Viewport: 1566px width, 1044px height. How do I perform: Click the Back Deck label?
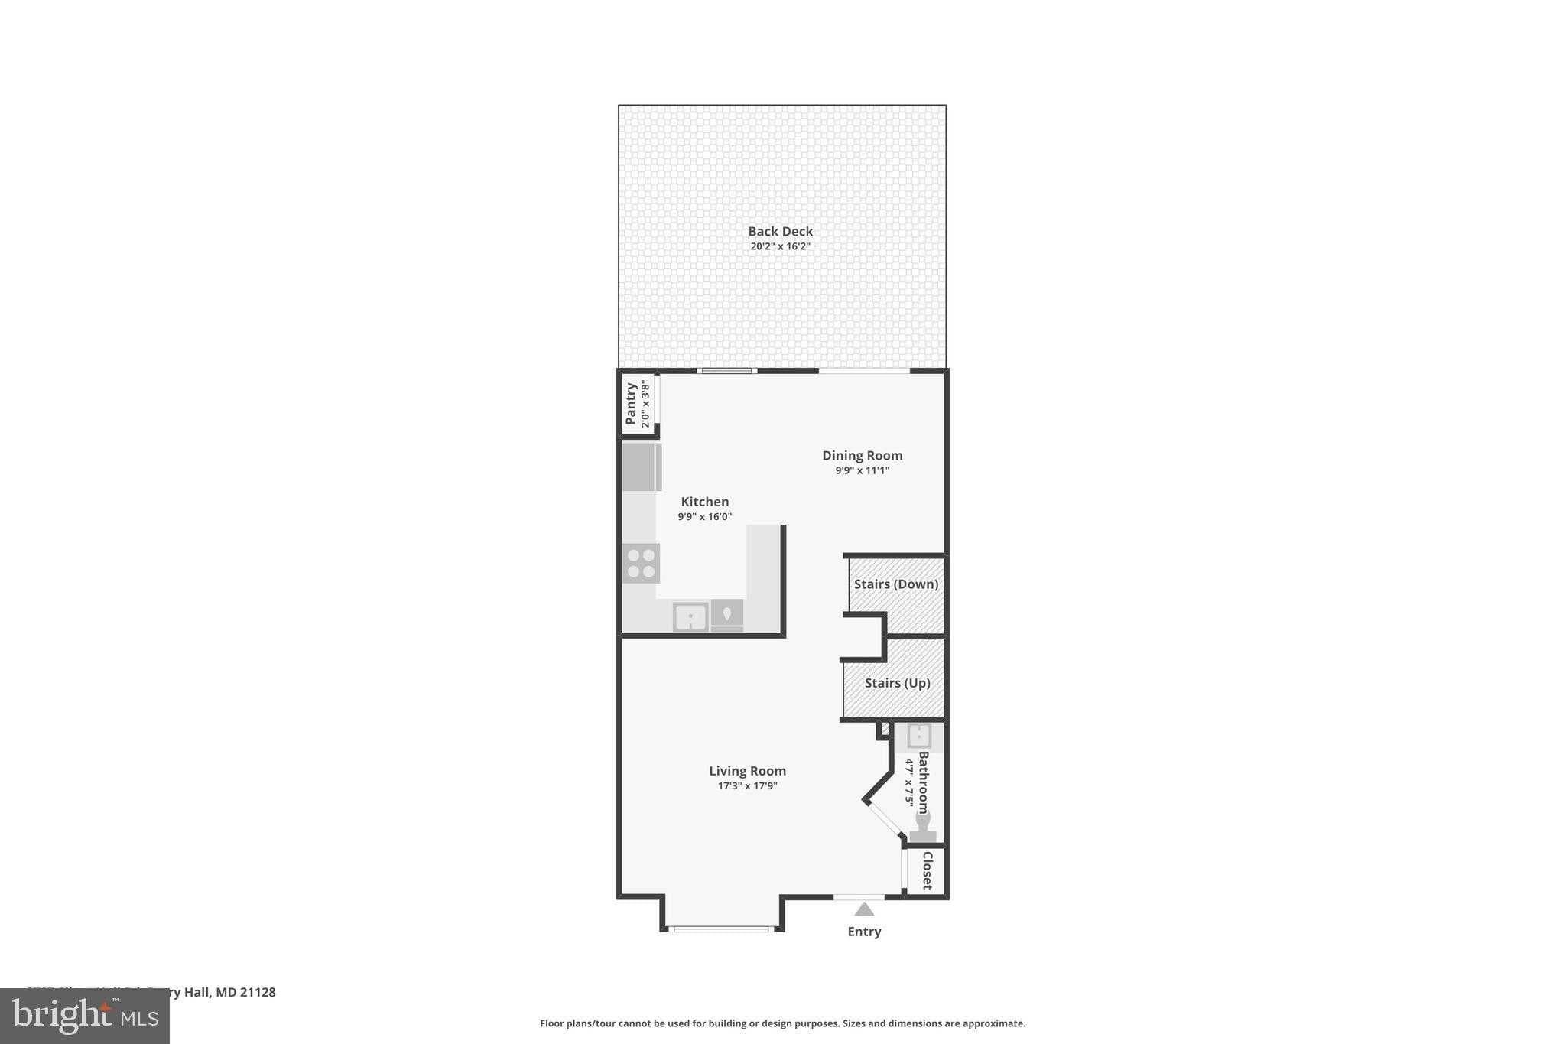[780, 231]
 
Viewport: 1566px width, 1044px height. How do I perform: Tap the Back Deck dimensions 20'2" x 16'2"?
[780, 246]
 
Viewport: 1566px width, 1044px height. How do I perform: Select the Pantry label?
[631, 403]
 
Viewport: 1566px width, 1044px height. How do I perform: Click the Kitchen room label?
[705, 502]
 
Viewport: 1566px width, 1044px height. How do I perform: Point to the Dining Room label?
[862, 455]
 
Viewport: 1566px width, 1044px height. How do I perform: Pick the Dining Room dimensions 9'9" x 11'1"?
[862, 470]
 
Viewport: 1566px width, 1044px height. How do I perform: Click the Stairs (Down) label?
[895, 584]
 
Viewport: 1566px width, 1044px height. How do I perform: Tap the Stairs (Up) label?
[897, 683]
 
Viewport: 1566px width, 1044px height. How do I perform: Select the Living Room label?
[747, 771]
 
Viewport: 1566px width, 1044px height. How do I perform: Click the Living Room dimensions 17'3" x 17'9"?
[747, 785]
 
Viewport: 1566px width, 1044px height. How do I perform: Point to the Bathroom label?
[924, 782]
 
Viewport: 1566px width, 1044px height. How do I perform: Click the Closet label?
[927, 870]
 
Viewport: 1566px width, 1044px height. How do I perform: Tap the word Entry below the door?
[864, 932]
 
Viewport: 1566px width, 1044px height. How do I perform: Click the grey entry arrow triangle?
[864, 909]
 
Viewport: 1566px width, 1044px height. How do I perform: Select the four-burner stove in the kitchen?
[641, 563]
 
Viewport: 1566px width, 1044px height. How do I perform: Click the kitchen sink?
[690, 616]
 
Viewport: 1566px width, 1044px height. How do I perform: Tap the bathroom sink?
[918, 736]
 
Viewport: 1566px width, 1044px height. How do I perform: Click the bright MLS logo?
[85, 1016]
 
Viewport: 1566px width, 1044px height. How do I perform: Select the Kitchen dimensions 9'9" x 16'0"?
[705, 517]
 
